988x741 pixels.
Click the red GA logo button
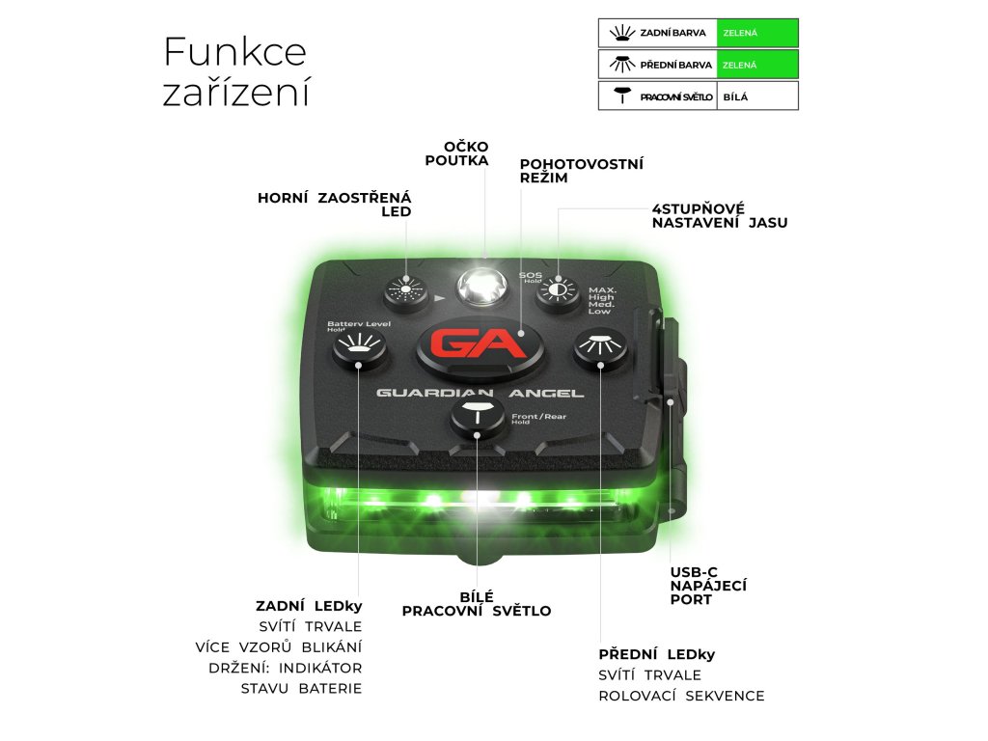click(x=479, y=345)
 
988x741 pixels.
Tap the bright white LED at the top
click(x=481, y=285)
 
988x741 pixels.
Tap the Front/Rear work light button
click(x=479, y=417)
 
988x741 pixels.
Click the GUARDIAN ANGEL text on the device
click(x=480, y=393)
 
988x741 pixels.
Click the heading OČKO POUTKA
click(x=457, y=153)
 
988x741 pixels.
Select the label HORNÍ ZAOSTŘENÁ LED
click(x=334, y=205)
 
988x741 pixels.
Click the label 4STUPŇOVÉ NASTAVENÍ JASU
click(x=719, y=215)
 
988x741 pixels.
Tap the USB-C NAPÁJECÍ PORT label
click(x=708, y=586)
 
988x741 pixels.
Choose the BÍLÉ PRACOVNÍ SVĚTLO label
click(x=477, y=604)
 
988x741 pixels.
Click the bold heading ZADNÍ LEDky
click(x=309, y=606)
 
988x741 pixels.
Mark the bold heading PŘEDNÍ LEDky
click(x=657, y=654)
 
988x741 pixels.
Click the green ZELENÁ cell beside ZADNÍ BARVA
click(x=758, y=33)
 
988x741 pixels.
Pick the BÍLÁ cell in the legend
click(x=758, y=96)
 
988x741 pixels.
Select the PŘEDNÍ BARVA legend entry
click(x=658, y=65)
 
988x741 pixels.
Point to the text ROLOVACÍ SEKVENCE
click(x=681, y=696)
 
